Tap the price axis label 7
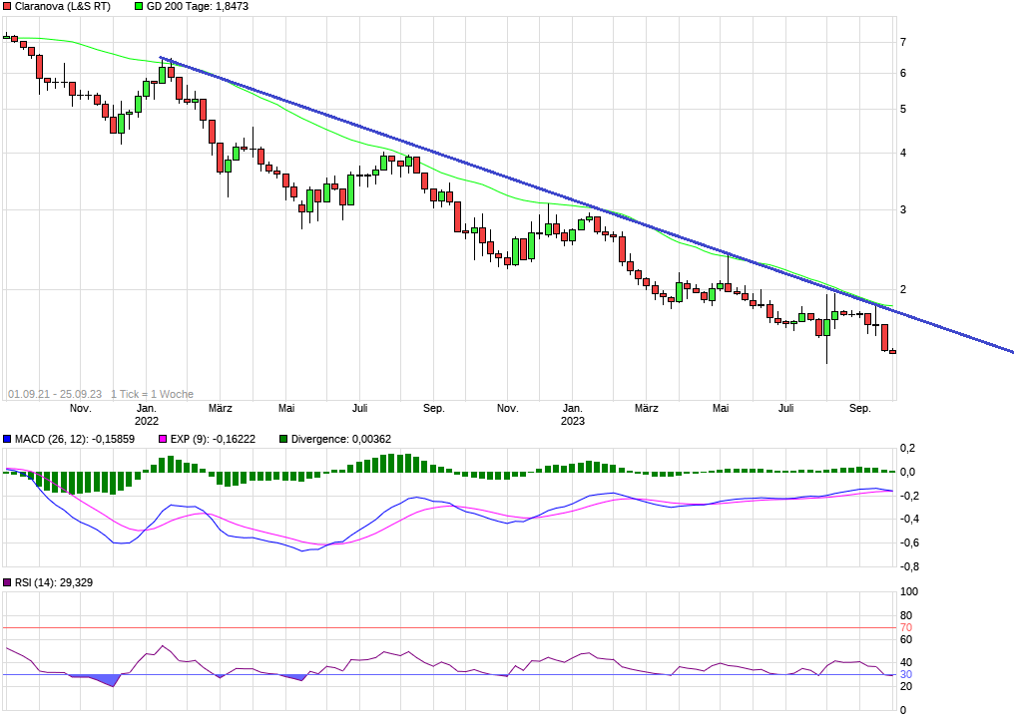point(903,42)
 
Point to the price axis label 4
point(903,153)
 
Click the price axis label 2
point(903,289)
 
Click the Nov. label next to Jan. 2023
point(508,408)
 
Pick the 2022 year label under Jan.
point(147,421)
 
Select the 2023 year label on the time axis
point(573,421)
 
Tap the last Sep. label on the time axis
point(860,408)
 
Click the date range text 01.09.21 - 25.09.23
point(54,394)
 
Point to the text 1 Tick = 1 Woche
point(153,394)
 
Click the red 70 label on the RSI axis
point(906,627)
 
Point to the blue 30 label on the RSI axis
point(906,675)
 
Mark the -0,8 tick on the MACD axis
point(907,566)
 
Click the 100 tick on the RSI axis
point(909,591)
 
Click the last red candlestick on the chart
point(893,351)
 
